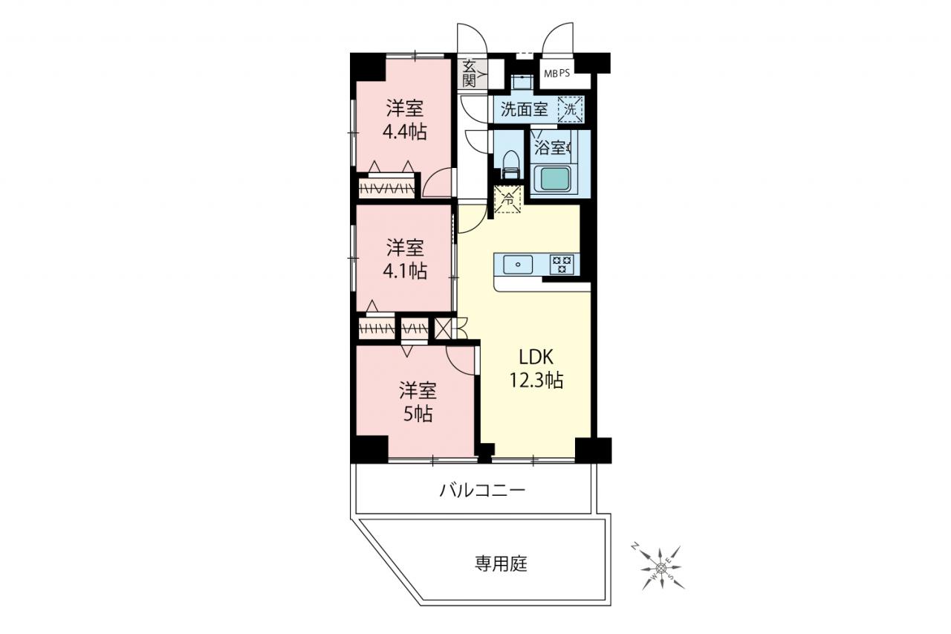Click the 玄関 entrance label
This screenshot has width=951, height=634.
coord(469,73)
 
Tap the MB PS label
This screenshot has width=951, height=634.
coord(557,74)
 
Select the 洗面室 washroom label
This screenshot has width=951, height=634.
coord(524,109)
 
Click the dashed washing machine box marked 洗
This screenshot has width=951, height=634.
coord(570,109)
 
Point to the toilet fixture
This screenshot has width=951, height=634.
coord(510,165)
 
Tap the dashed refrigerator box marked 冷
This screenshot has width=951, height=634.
coord(507,199)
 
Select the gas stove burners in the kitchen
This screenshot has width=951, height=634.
coord(562,265)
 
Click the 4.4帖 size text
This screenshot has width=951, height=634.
coord(405,132)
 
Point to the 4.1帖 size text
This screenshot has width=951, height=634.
coord(405,271)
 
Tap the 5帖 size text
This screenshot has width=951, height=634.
coord(418,414)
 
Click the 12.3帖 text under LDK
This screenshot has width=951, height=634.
coord(536,380)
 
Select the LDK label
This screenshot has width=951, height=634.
coord(536,358)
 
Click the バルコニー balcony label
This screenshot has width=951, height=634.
coord(482,491)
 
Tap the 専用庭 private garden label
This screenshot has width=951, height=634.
coord(501,564)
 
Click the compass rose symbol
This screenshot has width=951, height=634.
coord(660,568)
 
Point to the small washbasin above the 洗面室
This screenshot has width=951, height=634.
coord(519,82)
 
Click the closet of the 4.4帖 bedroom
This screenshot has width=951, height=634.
coord(386,188)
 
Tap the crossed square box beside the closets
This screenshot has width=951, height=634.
coord(442,329)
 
